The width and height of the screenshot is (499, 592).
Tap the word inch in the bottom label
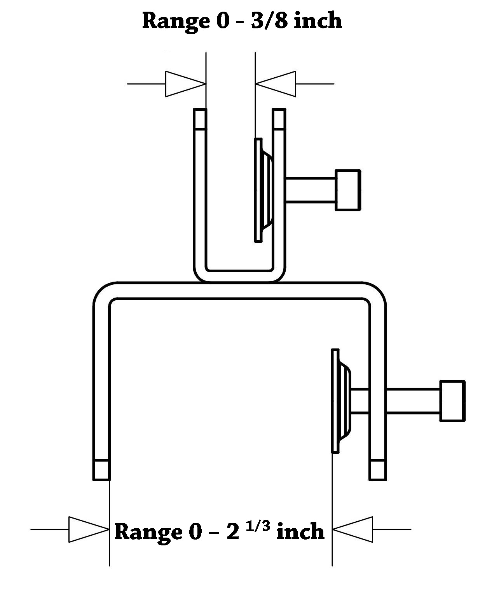tap(300, 531)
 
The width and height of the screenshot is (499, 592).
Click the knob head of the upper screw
tap(348, 190)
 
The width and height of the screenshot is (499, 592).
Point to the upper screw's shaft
tap(311, 190)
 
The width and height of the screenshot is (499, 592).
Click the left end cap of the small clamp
tap(200, 119)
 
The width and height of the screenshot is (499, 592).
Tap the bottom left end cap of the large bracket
tap(101, 470)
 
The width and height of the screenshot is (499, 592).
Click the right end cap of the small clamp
tap(279, 119)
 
